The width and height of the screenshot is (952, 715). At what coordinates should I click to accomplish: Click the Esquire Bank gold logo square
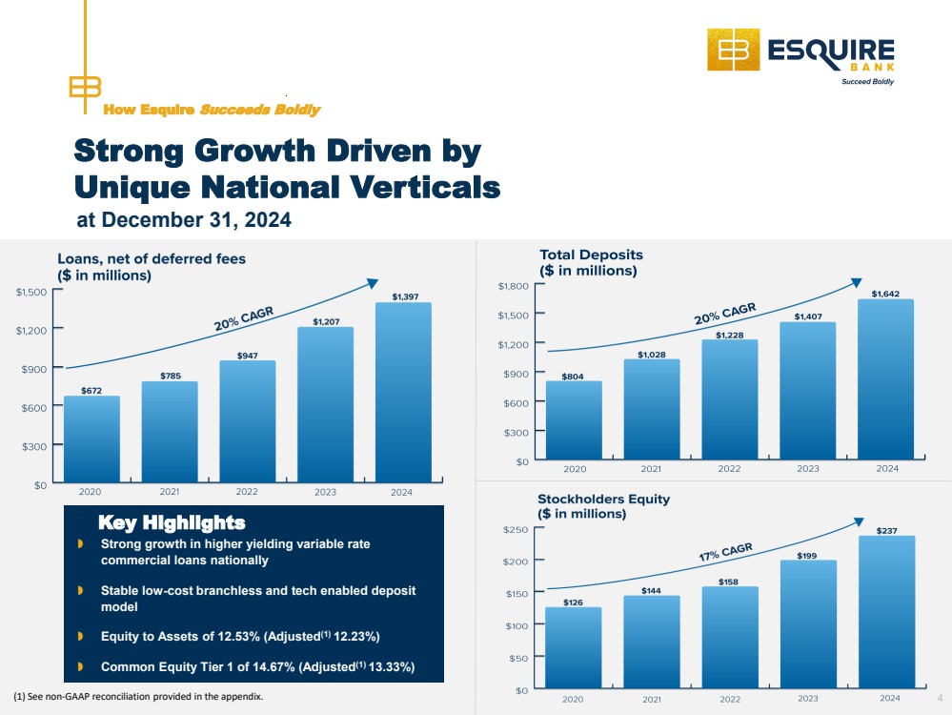point(734,50)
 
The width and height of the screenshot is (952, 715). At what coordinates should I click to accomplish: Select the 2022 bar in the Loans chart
point(248,421)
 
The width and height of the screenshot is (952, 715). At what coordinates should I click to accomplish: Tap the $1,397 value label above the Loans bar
point(405,296)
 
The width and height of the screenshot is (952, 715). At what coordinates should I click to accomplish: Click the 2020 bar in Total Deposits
point(574,419)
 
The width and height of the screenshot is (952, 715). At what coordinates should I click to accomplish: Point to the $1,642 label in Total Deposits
point(886,294)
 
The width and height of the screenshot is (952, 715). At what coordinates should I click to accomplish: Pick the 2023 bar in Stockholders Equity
point(808,623)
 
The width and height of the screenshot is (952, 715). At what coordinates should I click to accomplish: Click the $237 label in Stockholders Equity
point(886,531)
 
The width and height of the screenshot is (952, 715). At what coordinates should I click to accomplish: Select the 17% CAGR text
point(725,552)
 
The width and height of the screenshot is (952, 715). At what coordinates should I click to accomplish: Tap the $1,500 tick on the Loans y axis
point(31,292)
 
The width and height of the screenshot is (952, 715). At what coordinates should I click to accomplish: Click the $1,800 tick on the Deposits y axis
point(513,285)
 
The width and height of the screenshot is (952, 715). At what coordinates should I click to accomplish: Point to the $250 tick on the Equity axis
point(516,529)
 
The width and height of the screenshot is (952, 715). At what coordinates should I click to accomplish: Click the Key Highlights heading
point(172,522)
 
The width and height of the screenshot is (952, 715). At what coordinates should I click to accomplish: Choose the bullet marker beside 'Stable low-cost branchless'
point(80,590)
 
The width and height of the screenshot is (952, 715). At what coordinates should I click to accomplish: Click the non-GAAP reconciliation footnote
point(138,696)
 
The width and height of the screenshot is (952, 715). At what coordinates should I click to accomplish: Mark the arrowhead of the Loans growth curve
point(373,283)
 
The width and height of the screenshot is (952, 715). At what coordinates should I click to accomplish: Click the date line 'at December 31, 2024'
point(184,220)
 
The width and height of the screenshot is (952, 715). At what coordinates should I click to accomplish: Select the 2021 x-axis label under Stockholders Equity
point(652,699)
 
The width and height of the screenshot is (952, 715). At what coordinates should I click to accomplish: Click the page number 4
point(940,698)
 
